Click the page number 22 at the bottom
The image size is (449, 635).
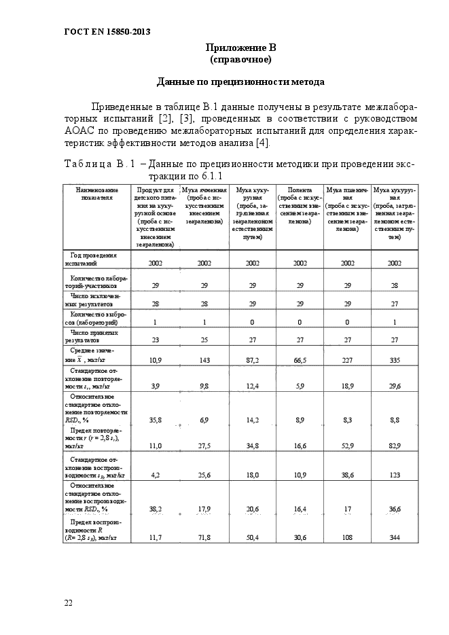[69, 602]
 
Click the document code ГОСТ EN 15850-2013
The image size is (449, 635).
[107, 32]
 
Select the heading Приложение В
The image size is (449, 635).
[240, 48]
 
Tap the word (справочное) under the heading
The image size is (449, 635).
[240, 60]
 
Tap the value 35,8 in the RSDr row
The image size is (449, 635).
[156, 421]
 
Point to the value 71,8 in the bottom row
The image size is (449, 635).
[204, 537]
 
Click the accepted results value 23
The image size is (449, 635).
[156, 338]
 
